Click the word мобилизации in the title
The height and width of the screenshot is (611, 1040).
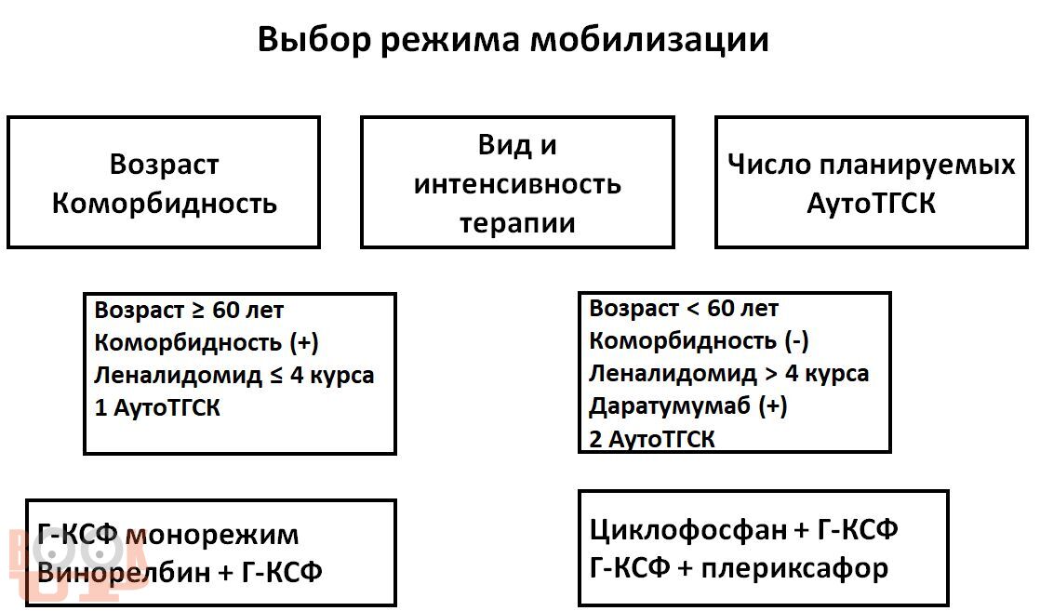point(649,40)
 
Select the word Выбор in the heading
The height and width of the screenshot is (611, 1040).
point(313,40)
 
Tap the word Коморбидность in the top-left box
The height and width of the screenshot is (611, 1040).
point(165,203)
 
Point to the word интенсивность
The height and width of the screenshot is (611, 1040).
point(517,184)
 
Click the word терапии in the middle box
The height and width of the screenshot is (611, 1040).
point(517,223)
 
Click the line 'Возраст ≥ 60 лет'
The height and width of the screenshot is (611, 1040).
point(189,310)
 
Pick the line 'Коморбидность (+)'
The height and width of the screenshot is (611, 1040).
point(207,343)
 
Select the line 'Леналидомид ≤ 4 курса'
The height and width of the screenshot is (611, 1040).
point(234,376)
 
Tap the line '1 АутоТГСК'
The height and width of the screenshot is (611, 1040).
point(157,407)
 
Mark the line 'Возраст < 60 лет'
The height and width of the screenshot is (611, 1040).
point(684,308)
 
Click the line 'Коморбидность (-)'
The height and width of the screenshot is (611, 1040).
point(700,341)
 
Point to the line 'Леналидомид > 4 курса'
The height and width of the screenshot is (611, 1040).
point(729,374)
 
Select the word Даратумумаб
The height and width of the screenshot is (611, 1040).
point(669,405)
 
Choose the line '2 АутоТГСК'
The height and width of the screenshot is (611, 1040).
point(652,439)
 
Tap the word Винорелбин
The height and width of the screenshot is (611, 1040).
point(124,572)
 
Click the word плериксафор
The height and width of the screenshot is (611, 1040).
point(794,569)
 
